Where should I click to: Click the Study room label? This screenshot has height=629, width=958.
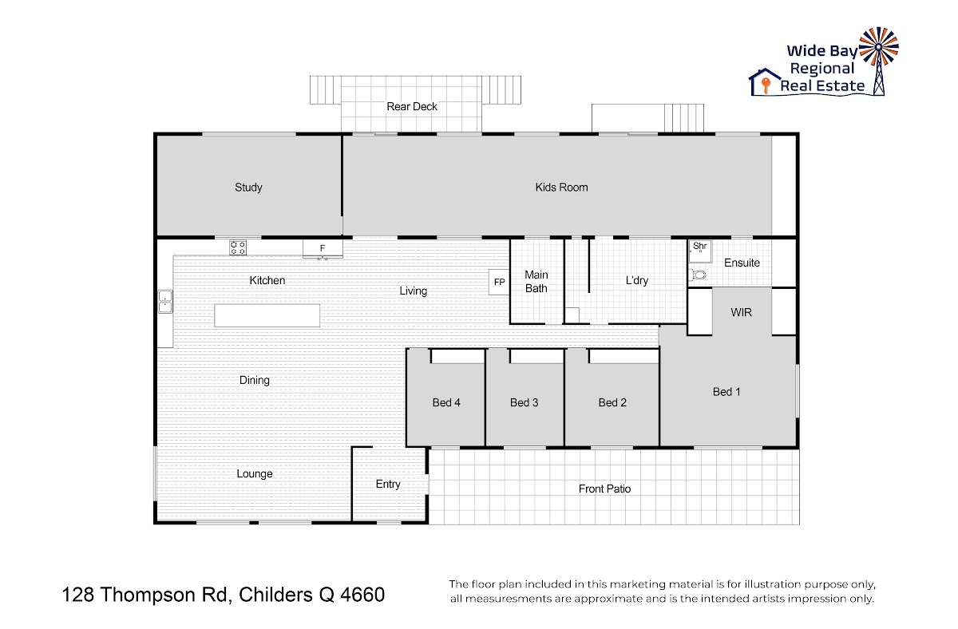248,188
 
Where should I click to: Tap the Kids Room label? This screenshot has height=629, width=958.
561,188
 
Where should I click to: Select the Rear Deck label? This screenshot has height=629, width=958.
412,106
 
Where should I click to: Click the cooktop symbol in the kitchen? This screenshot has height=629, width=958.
238,247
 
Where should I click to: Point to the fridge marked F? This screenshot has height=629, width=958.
323,249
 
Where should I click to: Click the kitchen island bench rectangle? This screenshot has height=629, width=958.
267,315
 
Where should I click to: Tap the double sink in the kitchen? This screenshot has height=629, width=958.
165,302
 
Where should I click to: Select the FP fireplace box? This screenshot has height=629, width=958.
499,282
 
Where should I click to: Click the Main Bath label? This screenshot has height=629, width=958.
536,281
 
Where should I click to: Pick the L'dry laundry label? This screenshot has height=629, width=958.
637,280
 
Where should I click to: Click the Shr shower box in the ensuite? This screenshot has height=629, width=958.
700,251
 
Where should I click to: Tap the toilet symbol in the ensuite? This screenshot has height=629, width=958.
698,275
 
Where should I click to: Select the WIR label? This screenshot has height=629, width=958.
741,312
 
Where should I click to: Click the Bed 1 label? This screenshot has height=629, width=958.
726,392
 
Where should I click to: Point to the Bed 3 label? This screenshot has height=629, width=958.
524,402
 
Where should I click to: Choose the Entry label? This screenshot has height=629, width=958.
388,484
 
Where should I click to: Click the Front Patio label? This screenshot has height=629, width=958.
604,489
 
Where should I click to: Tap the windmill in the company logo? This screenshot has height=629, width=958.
879,60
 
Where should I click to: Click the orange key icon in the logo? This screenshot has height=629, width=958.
766,85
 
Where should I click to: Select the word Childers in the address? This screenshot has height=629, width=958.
275,595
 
